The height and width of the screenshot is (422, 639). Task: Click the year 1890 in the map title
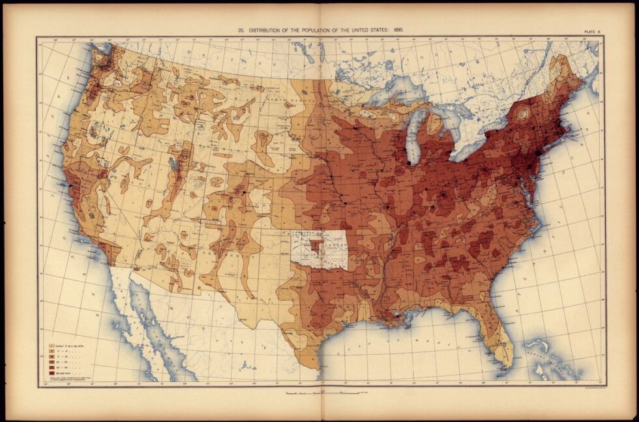pyautogui.click(x=399, y=30)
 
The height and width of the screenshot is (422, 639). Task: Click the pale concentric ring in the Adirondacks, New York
pyautogui.click(x=522, y=113)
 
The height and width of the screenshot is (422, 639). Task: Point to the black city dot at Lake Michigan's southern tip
pyautogui.click(x=409, y=161)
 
